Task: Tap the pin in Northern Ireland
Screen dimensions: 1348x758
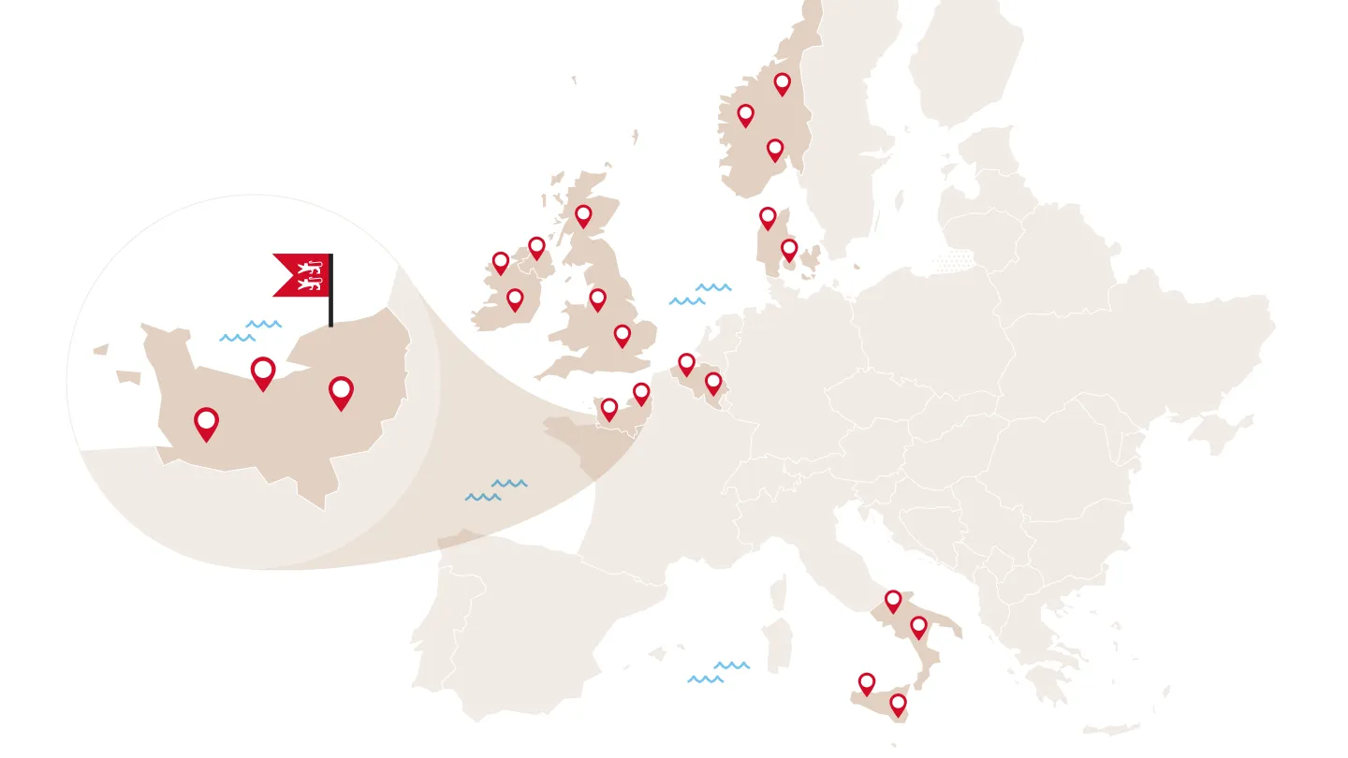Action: pyautogui.click(x=536, y=247)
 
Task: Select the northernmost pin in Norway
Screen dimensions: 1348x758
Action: pyautogui.click(x=782, y=83)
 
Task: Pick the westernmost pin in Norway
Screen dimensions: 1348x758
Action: pyautogui.click(x=745, y=115)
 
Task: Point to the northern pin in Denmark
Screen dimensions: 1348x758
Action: pyautogui.click(x=768, y=218)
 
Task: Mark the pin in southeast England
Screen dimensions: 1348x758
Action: pyautogui.click(x=623, y=335)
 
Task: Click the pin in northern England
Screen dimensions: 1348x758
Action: pyautogui.click(x=597, y=299)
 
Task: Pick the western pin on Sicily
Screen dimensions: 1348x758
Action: pyautogui.click(x=867, y=683)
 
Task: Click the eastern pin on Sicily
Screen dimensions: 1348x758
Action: pyautogui.click(x=898, y=704)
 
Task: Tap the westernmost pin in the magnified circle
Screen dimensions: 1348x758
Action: pyautogui.click(x=206, y=423)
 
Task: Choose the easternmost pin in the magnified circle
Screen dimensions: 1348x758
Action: pyautogui.click(x=342, y=391)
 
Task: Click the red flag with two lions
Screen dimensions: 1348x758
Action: pyautogui.click(x=301, y=275)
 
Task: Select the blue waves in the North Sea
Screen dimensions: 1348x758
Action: pyautogui.click(x=700, y=294)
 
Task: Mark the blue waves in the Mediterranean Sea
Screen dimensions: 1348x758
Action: pyautogui.click(x=718, y=672)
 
